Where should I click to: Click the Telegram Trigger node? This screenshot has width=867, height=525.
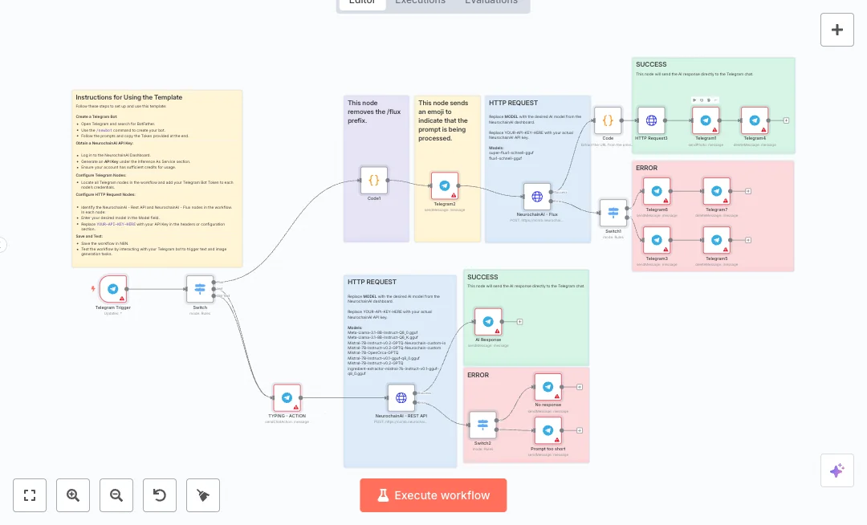[112, 289]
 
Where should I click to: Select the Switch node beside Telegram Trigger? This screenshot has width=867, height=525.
[200, 289]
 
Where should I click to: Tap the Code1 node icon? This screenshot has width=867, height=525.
[373, 181]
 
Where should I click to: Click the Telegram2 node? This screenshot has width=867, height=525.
[445, 185]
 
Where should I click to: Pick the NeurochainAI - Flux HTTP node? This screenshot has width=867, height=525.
[537, 197]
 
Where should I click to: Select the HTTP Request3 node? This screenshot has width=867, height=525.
[651, 120]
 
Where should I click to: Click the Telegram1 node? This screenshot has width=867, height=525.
[706, 120]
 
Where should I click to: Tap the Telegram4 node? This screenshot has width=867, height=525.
[755, 120]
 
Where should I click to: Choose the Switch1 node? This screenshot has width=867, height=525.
[613, 213]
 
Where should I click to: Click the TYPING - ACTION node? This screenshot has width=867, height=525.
[287, 397]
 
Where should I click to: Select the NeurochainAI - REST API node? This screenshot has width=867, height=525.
[401, 397]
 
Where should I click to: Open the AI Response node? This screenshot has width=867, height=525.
[488, 322]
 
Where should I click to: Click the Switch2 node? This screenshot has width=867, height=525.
[482, 425]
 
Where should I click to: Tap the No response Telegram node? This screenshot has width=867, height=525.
[547, 387]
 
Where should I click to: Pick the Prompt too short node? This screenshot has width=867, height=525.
[547, 431]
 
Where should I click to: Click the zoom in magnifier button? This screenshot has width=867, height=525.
[73, 495]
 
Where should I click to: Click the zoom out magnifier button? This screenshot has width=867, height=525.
[116, 495]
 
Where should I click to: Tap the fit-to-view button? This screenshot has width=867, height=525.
[30, 495]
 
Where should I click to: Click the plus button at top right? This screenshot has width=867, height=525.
[836, 30]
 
